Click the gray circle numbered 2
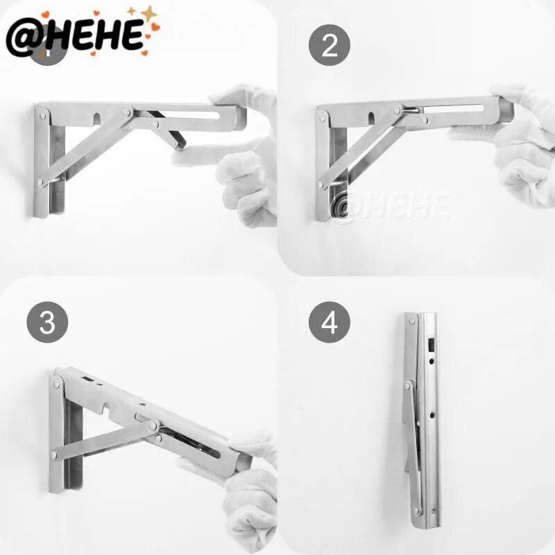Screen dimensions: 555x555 coord(329,45)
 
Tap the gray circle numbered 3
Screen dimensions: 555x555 coord(47,322)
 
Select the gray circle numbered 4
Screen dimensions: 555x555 coord(329,322)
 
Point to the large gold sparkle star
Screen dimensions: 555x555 coord(149,14)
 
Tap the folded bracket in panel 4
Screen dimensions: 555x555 coord(420,420)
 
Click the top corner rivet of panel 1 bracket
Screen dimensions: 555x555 coord(43,116)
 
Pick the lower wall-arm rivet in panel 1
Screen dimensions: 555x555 coord(41,182)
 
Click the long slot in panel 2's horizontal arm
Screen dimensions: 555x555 coord(453,108)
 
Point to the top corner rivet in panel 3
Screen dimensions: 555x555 coord(57,385)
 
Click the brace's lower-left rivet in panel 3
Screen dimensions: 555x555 coord(54,456)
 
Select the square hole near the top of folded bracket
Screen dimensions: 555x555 coord(432,343)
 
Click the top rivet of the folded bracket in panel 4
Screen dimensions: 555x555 coord(411,322)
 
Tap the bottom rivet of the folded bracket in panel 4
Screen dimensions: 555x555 coord(417,510)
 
